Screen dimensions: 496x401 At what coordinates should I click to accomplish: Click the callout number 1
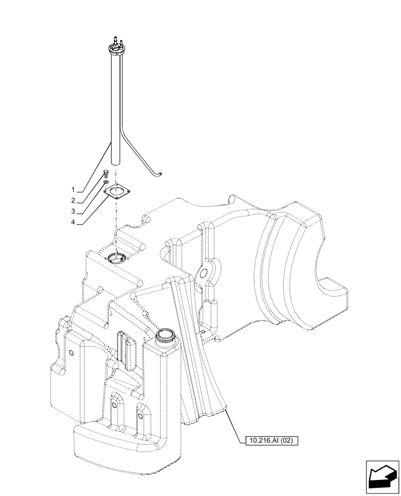[x=73, y=190]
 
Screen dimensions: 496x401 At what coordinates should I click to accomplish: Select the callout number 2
[x=73, y=201]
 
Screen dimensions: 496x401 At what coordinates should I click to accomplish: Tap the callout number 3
[x=73, y=212]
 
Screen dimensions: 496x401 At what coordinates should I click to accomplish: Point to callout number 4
[x=73, y=223]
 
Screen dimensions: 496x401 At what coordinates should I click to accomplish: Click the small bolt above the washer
[x=106, y=174]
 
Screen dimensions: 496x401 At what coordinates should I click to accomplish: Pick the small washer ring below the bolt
[x=106, y=183]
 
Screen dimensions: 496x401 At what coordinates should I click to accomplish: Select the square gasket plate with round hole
[x=117, y=192]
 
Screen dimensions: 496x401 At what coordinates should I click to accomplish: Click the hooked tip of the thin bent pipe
[x=161, y=173]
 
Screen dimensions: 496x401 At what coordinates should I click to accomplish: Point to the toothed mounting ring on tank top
[x=116, y=258]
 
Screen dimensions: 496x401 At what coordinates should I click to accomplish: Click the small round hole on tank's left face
[x=71, y=352]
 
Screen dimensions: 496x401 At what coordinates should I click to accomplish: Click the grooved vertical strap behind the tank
[x=199, y=347]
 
